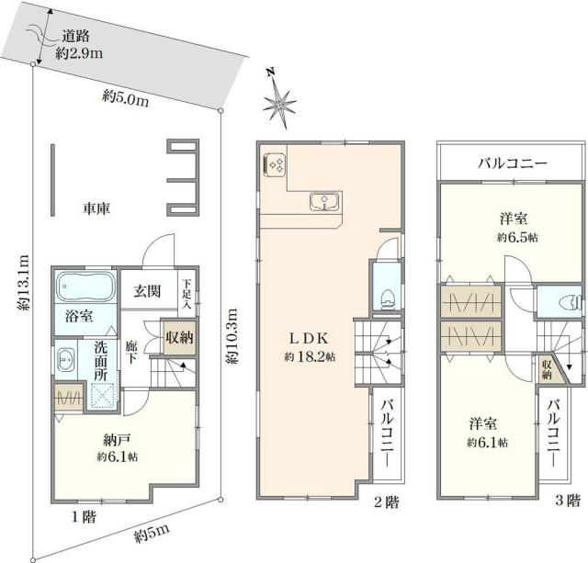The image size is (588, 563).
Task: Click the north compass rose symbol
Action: pos(279,100)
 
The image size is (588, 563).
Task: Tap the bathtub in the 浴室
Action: pos(85,287)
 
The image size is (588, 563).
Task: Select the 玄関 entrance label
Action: pos(147,292)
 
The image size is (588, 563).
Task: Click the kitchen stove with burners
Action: pos(275,164)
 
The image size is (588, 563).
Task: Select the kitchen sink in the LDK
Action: pos(325,201)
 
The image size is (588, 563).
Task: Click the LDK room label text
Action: pos(308,336)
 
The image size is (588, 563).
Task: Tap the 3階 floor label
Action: pos(567,501)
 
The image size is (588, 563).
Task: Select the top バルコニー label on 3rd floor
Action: pos(512,163)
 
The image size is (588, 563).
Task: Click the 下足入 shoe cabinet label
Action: pos(187,291)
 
